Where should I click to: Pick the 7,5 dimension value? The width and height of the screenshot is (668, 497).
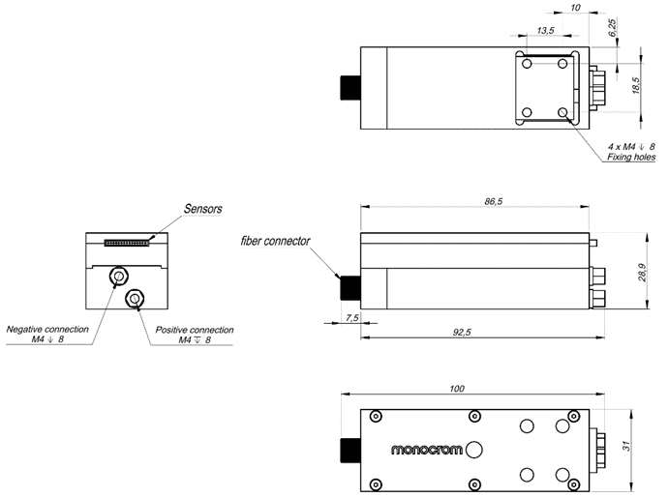[x=351, y=317]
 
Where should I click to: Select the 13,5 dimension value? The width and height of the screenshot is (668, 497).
[x=545, y=31]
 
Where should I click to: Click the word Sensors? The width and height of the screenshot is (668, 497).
[x=202, y=209]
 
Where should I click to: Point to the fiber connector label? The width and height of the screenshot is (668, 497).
[x=277, y=240]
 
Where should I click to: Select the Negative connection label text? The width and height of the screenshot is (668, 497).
[x=47, y=329]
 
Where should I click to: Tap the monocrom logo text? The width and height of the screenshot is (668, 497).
[x=426, y=451]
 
